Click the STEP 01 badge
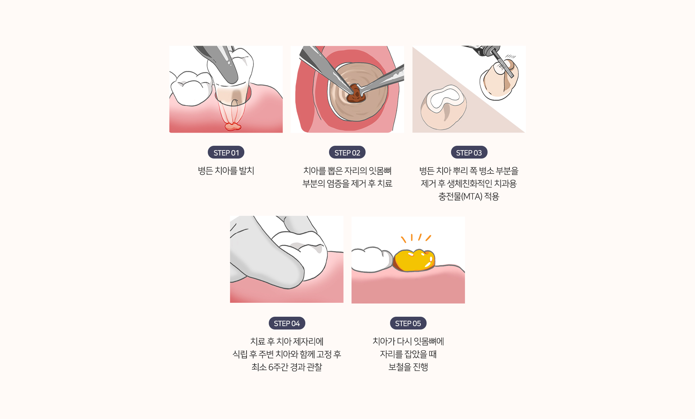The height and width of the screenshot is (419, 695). (x=226, y=152)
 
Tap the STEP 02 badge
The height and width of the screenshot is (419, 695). (x=347, y=152)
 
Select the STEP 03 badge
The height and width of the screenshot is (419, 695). (x=469, y=152)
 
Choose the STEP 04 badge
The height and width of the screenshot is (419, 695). (x=287, y=323)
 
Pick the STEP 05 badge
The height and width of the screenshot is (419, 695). (x=408, y=323)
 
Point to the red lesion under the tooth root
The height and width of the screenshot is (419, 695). (x=233, y=127)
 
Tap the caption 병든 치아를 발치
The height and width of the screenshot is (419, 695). (x=226, y=171)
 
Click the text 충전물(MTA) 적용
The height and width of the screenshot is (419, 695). (x=469, y=197)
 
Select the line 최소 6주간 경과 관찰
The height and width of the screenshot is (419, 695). (x=287, y=367)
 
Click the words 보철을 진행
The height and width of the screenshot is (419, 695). (x=408, y=367)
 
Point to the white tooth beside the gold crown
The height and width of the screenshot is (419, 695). (x=371, y=259)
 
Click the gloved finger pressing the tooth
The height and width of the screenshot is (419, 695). (x=267, y=256)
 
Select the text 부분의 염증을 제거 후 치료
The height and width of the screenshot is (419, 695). (x=347, y=184)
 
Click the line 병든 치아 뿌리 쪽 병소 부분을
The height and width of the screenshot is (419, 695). (x=469, y=171)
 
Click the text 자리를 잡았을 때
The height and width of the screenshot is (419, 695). (x=408, y=354)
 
